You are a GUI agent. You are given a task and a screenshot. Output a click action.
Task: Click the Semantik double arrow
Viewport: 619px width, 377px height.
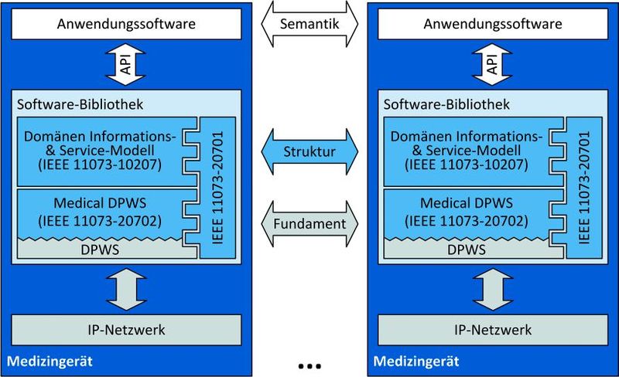[309, 24]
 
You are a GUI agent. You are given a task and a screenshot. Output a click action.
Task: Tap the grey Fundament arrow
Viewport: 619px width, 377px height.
[309, 224]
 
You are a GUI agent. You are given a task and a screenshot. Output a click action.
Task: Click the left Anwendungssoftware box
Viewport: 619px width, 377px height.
[125, 24]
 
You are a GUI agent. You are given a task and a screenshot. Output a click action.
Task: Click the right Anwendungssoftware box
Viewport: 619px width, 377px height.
[493, 24]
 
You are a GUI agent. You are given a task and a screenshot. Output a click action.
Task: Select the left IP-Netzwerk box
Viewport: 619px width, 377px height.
[125, 330]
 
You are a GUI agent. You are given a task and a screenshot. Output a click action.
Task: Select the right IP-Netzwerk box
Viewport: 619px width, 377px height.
[493, 330]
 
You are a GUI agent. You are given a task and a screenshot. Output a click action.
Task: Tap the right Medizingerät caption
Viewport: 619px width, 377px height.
[416, 361]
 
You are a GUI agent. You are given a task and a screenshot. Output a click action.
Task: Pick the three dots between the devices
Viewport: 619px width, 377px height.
[309, 364]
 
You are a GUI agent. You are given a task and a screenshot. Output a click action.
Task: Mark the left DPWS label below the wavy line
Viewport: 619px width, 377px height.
[100, 249]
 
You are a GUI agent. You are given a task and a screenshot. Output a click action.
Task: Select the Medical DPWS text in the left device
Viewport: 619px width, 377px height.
[100, 204]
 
